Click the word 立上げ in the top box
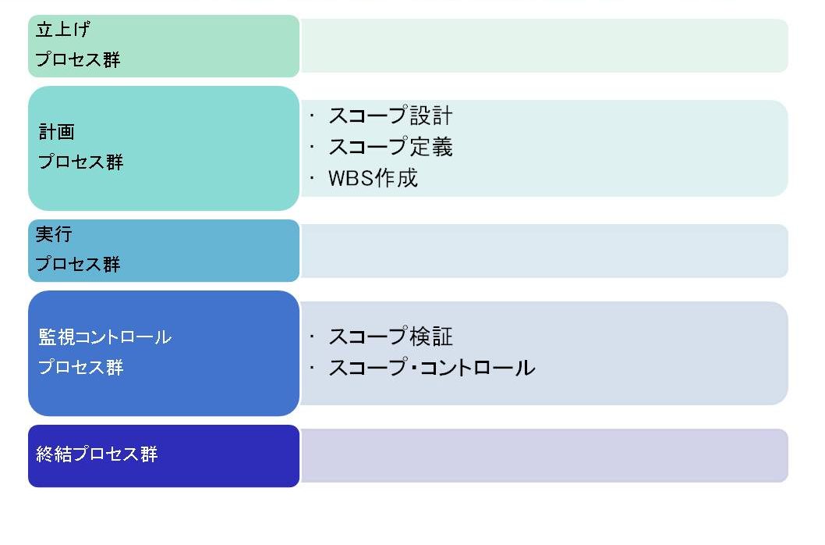point(62,29)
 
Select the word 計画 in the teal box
point(57,131)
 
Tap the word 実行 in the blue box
point(54,233)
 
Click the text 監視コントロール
point(104,337)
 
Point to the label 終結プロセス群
point(97,454)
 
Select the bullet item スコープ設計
point(391,116)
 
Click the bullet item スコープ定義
point(391,147)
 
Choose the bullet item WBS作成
point(373,178)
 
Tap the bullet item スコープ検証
point(391,337)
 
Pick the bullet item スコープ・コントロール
point(431,368)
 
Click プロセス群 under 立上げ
point(78,59)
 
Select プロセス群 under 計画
point(80,162)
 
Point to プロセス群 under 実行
point(78,264)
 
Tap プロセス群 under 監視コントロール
point(80,366)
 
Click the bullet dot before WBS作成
point(312,178)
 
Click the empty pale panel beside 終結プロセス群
point(544,455)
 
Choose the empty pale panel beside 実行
point(544,251)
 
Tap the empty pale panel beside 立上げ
point(544,46)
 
